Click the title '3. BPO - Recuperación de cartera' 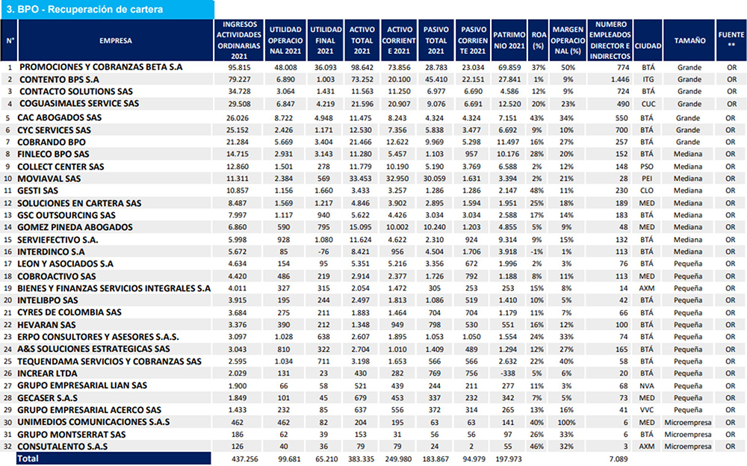pos(84,9)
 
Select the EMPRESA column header pos(116,40)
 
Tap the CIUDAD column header pos(648,46)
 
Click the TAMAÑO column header pos(689,40)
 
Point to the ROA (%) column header pos(539,40)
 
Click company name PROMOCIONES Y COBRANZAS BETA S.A pos(101,67)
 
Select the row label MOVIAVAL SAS pos(49,178)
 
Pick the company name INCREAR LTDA pos(47,373)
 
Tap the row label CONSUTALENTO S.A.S pos(63,447)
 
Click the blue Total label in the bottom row pos(28,459)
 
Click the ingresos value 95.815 pos(239,68)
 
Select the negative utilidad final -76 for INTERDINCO pos(325,252)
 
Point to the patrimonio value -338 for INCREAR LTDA pos(508,373)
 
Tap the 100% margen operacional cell pos(566,423)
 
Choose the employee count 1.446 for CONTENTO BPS pos(620,80)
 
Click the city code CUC pos(648,104)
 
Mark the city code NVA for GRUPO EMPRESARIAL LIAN pos(647,386)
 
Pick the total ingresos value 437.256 pos(245,459)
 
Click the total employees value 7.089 pos(619,459)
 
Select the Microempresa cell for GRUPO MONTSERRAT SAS pos(688,435)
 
